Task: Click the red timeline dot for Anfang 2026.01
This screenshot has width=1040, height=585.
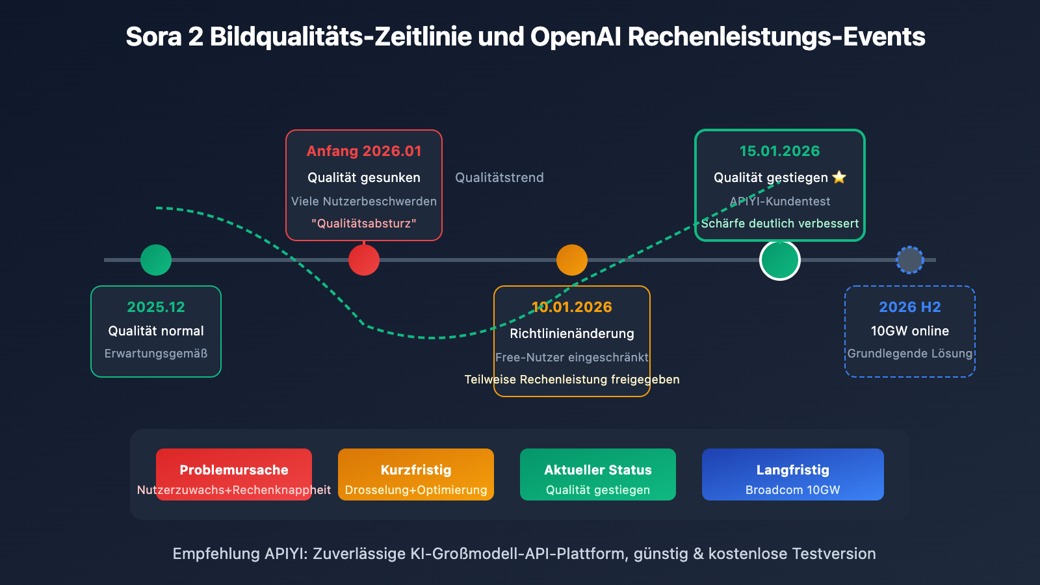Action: pyautogui.click(x=364, y=260)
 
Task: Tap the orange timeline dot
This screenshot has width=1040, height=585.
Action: pyautogui.click(x=572, y=260)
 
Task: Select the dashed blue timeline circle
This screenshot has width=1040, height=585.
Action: pyautogui.click(x=910, y=260)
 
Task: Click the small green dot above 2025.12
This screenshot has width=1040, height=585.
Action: pyautogui.click(x=156, y=260)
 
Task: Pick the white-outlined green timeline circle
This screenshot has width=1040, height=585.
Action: pyautogui.click(x=780, y=260)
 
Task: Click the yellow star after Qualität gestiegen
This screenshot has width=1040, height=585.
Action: pyautogui.click(x=839, y=177)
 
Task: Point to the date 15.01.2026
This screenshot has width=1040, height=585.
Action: pyautogui.click(x=779, y=151)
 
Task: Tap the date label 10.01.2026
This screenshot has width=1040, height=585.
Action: pyautogui.click(x=572, y=307)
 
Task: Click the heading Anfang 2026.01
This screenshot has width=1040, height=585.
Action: pyautogui.click(x=364, y=151)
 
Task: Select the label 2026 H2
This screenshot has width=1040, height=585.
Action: pyautogui.click(x=910, y=307)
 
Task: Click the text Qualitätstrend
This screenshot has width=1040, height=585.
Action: pyautogui.click(x=499, y=177)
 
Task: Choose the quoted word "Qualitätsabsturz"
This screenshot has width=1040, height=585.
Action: pyautogui.click(x=364, y=223)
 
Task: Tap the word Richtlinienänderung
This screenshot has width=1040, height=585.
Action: pyautogui.click(x=572, y=333)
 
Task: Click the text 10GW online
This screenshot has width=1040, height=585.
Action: pyautogui.click(x=910, y=331)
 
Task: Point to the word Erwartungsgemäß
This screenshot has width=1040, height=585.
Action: pyautogui.click(x=156, y=354)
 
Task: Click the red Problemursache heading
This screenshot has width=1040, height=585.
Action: pyautogui.click(x=234, y=470)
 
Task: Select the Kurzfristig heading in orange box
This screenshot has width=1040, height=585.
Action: pyautogui.click(x=416, y=470)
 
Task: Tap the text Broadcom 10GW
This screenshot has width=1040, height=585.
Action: pyautogui.click(x=793, y=490)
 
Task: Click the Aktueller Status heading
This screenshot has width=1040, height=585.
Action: pyautogui.click(x=598, y=470)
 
